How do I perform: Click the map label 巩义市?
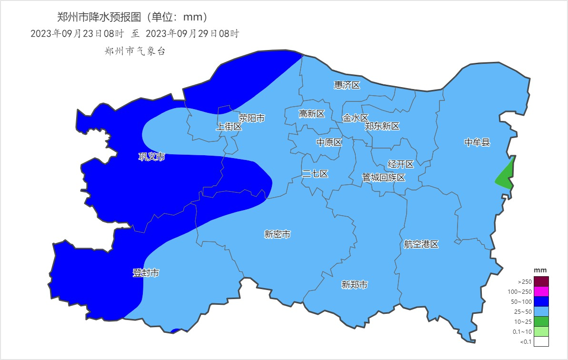(x=151, y=157)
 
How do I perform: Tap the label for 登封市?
(x=146, y=273)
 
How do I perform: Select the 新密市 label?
(x=277, y=234)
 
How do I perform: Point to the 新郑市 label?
(x=355, y=285)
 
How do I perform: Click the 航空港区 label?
(x=421, y=244)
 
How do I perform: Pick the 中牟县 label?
(x=477, y=142)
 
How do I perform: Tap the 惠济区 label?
(x=347, y=85)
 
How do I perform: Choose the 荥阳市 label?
(x=251, y=118)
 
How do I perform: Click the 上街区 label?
(x=229, y=127)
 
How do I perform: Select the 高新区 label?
(x=311, y=114)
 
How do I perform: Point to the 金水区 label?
(x=355, y=118)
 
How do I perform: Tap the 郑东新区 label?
(x=382, y=126)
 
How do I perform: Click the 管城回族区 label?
(x=383, y=178)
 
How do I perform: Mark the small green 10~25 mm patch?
(x=506, y=176)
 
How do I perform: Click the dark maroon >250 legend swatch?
(x=541, y=281)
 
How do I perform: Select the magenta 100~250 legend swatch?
(x=541, y=291)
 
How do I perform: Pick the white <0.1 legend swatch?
(x=541, y=341)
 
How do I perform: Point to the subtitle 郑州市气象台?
(x=135, y=51)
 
